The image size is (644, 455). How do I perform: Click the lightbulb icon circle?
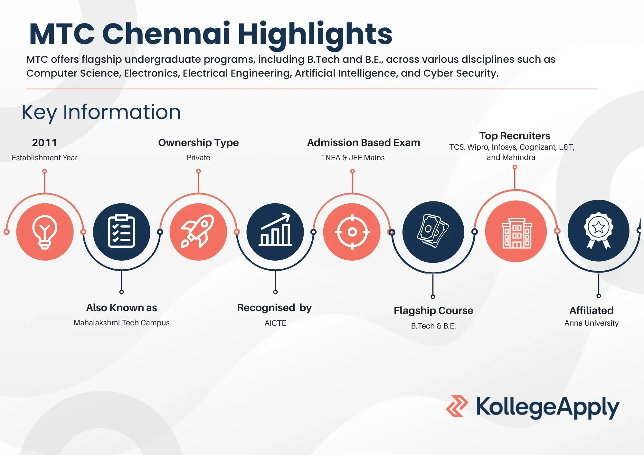[45, 232]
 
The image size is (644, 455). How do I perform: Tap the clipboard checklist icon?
[121, 231]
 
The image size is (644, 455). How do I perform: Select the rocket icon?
[198, 231]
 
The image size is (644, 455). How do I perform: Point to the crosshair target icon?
[352, 232]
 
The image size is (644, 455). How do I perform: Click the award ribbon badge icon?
[599, 230]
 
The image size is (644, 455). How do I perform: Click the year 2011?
[44, 143]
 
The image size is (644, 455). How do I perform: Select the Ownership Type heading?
[198, 143]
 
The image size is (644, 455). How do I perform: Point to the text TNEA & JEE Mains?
[353, 158]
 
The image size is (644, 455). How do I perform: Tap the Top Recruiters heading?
[515, 136]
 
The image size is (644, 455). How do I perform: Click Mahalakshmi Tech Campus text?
[121, 323]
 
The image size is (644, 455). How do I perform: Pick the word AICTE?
[275, 323]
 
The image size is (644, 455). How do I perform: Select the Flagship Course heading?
[433, 311]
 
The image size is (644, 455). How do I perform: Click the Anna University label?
[592, 323]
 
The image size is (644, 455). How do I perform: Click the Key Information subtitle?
[101, 113]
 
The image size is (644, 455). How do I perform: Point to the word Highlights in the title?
[315, 34]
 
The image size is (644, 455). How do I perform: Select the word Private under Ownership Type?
[198, 158]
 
